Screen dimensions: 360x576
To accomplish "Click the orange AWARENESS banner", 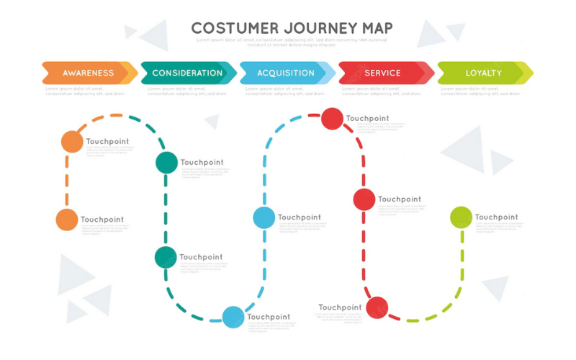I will (88, 73).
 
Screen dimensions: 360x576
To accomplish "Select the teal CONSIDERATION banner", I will (187, 73).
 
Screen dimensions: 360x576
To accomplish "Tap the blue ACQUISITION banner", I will (285, 73).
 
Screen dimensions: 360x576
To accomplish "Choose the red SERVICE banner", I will (383, 73).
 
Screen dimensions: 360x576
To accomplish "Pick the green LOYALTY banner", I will (483, 73).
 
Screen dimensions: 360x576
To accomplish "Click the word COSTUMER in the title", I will (235, 28).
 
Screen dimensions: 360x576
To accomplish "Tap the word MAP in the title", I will (379, 28).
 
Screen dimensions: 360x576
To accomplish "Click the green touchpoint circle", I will (461, 217).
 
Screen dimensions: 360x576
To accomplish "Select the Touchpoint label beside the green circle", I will (496, 217).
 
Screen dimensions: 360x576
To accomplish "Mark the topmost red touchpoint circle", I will (332, 118).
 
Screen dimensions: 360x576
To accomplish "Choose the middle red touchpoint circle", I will (364, 199).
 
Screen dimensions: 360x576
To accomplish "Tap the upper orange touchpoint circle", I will (72, 142).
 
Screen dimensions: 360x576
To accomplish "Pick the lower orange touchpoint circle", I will (66, 220).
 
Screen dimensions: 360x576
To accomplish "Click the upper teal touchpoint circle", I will (166, 163).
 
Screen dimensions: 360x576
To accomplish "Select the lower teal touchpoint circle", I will (165, 257).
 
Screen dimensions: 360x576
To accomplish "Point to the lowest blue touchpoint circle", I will (233, 317).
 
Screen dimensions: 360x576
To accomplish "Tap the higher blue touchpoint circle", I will (264, 217).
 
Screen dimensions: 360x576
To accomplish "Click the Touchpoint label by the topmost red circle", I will (367, 118).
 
